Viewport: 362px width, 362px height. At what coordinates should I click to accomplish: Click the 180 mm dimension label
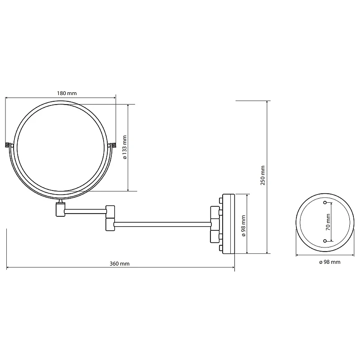67,93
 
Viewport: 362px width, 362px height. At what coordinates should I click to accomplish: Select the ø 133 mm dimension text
125,148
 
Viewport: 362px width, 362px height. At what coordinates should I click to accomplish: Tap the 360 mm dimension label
119,264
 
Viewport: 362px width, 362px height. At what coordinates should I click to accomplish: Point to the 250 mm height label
263,176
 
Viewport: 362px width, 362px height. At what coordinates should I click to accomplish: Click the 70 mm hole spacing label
328,222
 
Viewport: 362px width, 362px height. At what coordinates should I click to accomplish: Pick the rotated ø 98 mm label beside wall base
243,226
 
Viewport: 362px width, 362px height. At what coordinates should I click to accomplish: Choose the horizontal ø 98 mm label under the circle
330,262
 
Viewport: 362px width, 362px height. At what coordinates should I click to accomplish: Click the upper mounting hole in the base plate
325,203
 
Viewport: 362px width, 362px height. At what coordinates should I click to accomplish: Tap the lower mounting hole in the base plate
325,241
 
